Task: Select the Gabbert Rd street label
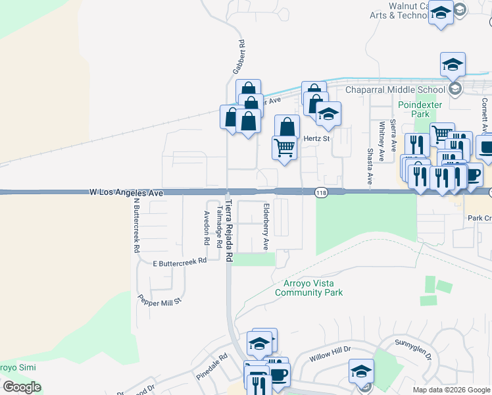[241, 57]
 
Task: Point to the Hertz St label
[316, 138]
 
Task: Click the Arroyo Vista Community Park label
[309, 288]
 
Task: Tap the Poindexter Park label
[413, 109]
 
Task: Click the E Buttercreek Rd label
[180, 261]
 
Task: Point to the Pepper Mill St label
[159, 297]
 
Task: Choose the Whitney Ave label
[381, 136]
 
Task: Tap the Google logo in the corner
[21, 387]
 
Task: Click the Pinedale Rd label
[212, 365]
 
